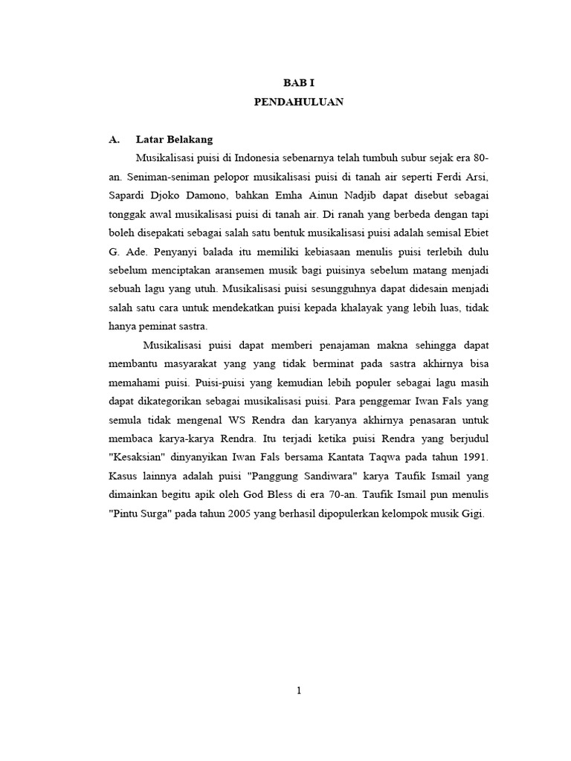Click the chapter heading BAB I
(298, 83)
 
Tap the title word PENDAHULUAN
(298, 103)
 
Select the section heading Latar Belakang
(175, 139)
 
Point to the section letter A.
(114, 139)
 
